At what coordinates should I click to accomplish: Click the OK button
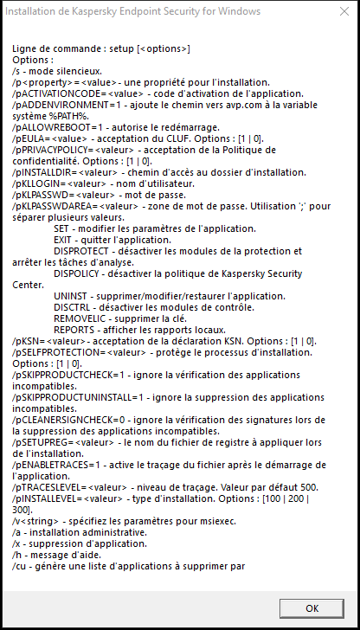[x=311, y=607]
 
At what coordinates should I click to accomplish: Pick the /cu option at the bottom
[x=20, y=567]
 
